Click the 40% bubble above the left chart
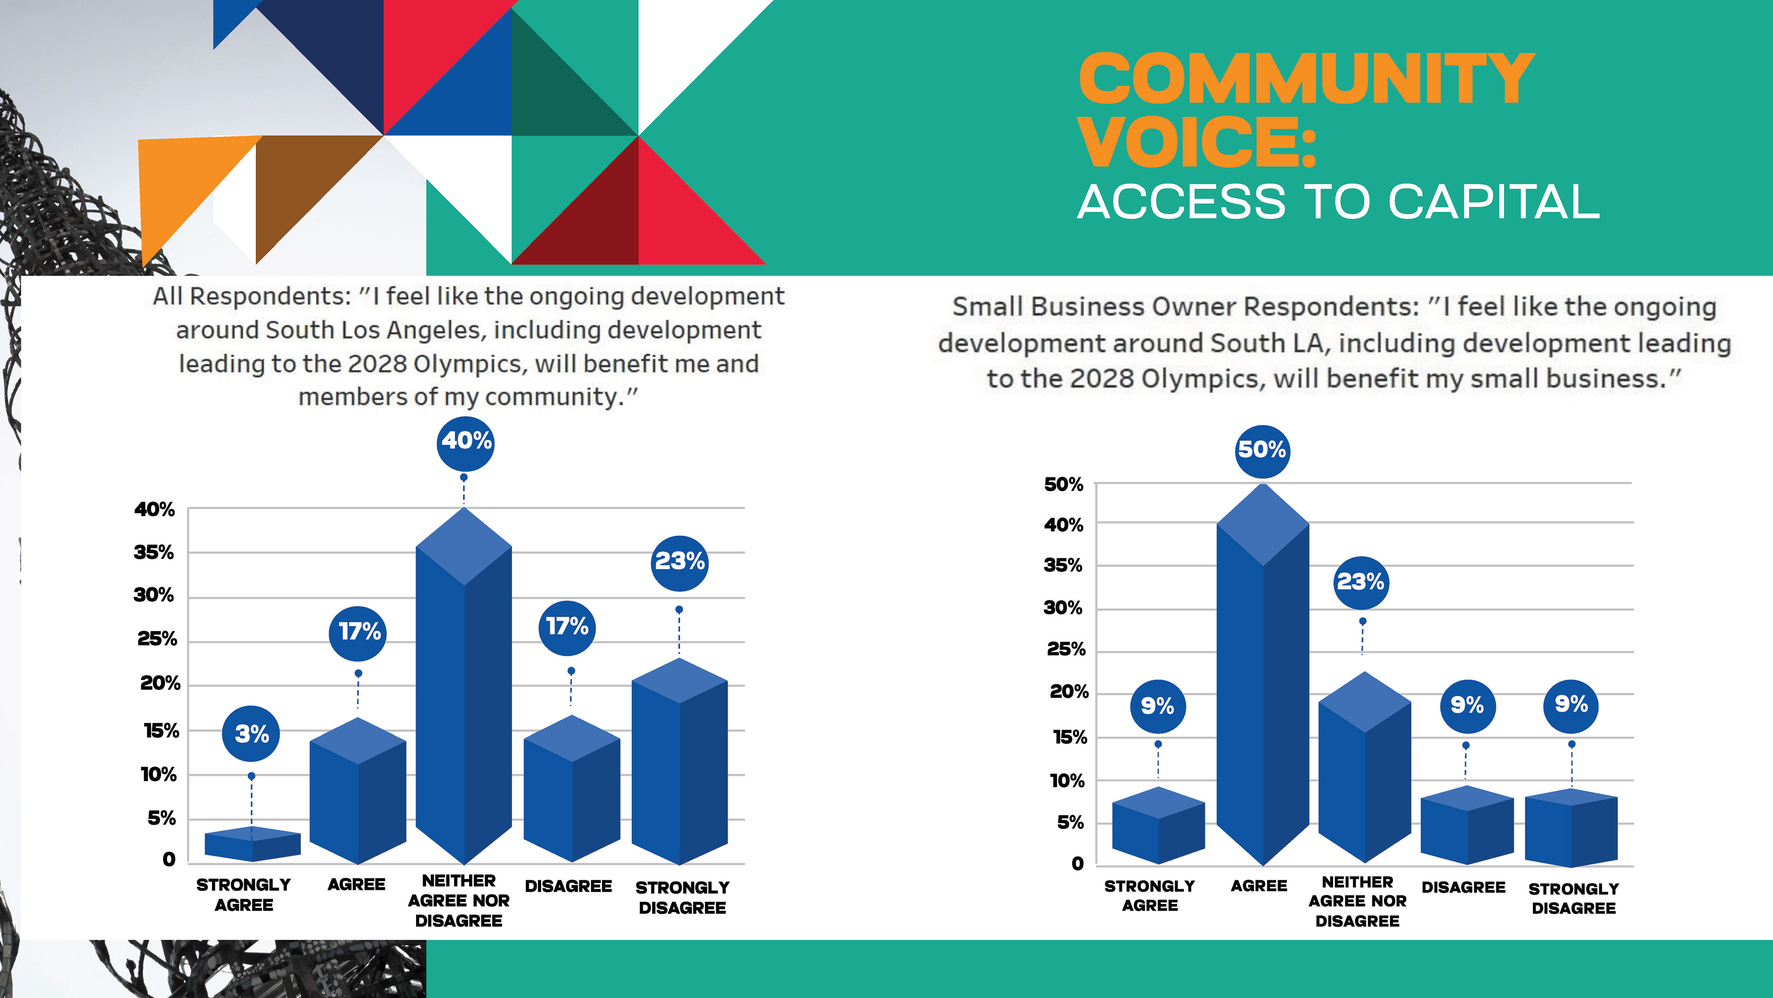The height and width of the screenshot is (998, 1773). click(x=466, y=442)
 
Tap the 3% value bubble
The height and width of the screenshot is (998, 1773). click(x=251, y=733)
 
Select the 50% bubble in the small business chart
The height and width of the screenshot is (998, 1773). click(x=1261, y=450)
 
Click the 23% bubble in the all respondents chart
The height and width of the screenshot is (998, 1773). click(x=679, y=562)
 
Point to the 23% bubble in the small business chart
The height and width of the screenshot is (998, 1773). click(x=1361, y=582)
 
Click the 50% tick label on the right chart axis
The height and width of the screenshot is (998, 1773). click(x=1063, y=485)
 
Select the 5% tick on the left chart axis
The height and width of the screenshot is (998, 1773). click(x=162, y=818)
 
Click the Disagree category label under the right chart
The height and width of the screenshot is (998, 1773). click(x=1463, y=887)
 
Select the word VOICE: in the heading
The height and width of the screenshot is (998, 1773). click(x=1198, y=143)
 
